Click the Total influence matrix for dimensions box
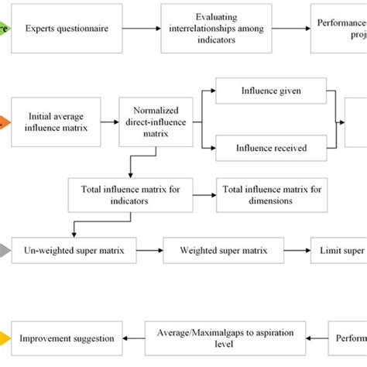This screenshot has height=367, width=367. [267, 194]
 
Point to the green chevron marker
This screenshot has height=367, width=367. [5, 29]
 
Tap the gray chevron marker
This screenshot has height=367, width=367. [5, 250]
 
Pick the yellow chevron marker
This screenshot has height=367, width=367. [5, 338]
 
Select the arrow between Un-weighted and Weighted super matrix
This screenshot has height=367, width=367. [150, 250]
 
